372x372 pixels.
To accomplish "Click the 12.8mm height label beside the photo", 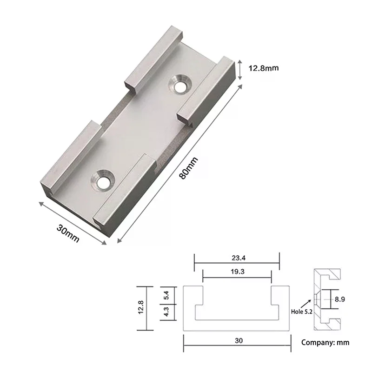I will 263,68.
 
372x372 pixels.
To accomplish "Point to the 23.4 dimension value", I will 236,259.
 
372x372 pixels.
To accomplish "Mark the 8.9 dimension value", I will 340,300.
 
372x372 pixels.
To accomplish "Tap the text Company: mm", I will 325,343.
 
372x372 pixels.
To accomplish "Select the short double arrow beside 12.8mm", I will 240,69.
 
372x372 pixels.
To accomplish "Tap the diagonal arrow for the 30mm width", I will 72,223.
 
